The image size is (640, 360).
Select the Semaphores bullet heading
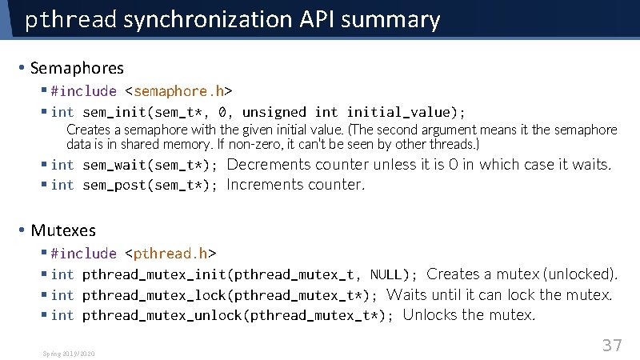tap(78, 69)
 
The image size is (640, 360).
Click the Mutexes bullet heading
tap(63, 230)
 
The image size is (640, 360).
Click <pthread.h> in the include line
tap(170, 254)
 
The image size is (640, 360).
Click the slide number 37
tap(612, 345)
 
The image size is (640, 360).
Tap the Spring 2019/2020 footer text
tap(69, 353)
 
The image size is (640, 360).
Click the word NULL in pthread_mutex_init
tap(385, 274)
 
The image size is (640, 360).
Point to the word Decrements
tap(269, 165)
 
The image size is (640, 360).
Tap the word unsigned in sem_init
tap(274, 112)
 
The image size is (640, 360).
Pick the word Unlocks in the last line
tap(430, 315)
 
